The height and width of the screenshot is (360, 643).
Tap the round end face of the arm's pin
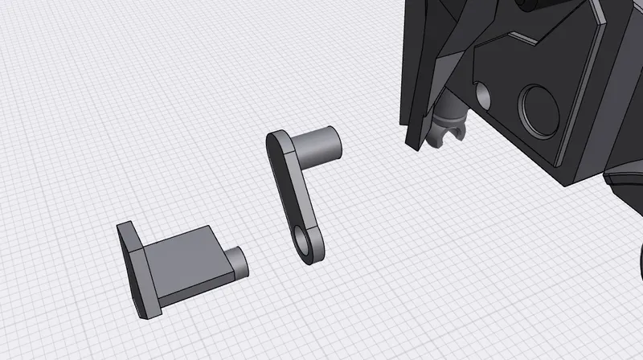[331, 141]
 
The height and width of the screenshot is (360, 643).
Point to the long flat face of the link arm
[294, 193]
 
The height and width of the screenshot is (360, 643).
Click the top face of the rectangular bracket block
[181, 241]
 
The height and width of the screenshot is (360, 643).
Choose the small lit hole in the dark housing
[484, 94]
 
